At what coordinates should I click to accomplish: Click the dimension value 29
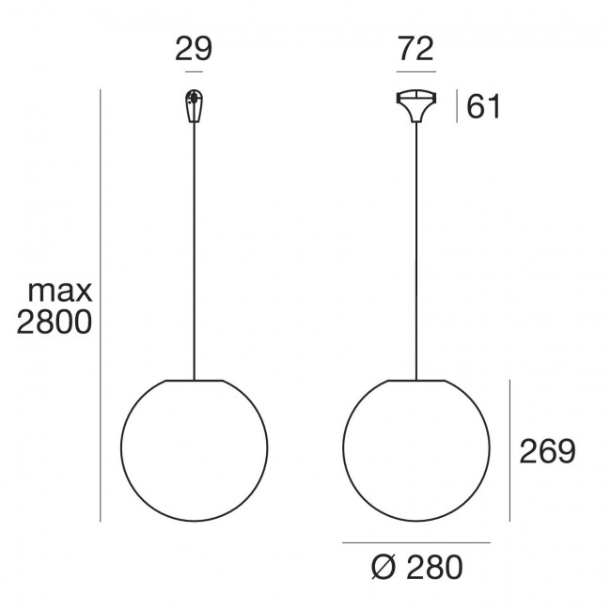[194, 49]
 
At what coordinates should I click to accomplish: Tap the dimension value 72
[415, 49]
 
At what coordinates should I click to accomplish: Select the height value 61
[483, 106]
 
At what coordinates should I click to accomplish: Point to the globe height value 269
[547, 451]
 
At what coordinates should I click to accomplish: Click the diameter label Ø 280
[417, 568]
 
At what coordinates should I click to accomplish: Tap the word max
[59, 290]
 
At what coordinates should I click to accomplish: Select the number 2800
[55, 322]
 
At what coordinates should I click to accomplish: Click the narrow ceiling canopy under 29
[194, 106]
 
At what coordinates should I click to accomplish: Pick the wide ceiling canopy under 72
[416, 106]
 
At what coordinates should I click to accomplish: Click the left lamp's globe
[121, 448]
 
